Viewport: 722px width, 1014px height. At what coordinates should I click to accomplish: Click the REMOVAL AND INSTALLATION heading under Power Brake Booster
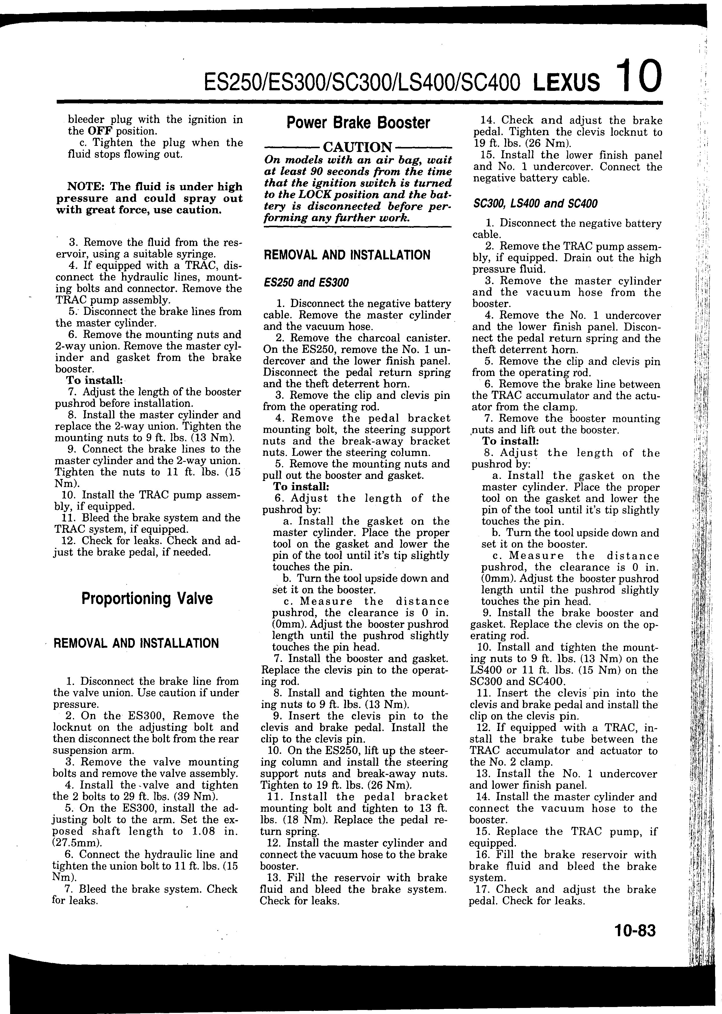tap(347, 255)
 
